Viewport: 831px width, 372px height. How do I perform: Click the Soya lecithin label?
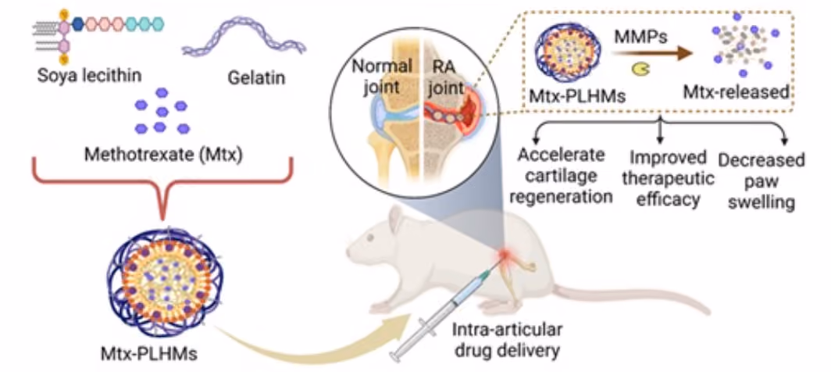(x=90, y=75)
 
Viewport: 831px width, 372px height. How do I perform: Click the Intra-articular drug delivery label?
(x=506, y=340)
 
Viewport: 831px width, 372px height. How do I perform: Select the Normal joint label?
(x=387, y=77)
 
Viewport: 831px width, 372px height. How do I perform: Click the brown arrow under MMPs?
(x=652, y=52)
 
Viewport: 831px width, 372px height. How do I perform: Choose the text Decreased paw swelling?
(x=761, y=181)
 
